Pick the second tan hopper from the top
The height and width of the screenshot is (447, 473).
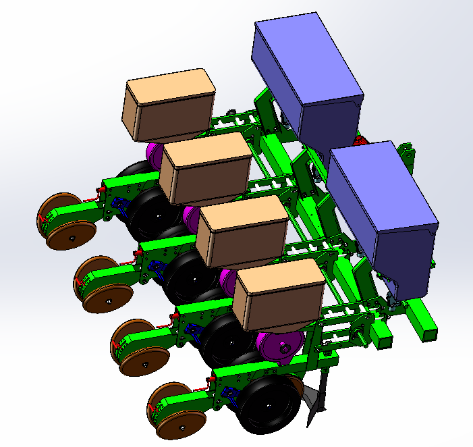[x=206, y=167]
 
